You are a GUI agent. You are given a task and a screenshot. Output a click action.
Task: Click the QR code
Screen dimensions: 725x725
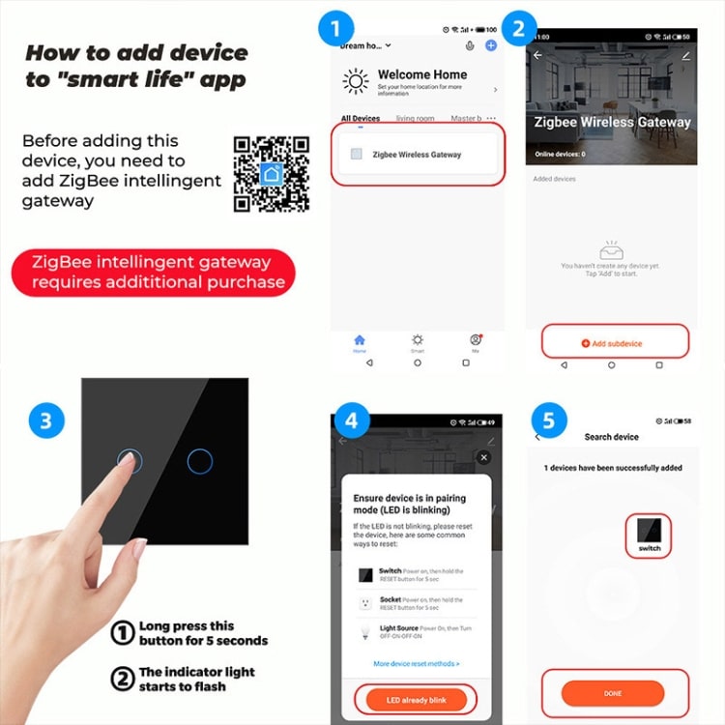[272, 173]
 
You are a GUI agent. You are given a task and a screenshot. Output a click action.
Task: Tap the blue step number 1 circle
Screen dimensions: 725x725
[335, 29]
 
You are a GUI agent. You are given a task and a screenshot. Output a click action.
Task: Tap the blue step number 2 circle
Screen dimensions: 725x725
[518, 29]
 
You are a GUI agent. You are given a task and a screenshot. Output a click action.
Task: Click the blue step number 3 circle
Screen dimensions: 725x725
[46, 420]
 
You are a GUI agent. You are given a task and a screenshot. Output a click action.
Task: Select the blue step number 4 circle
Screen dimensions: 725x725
[351, 421]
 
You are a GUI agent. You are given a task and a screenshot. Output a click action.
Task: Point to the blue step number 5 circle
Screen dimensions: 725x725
[548, 421]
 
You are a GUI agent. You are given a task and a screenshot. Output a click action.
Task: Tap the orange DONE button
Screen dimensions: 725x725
[613, 693]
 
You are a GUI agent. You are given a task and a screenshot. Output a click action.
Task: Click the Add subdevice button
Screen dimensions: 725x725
[613, 343]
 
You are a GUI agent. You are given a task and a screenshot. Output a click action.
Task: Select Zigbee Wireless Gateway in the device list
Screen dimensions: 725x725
[416, 154]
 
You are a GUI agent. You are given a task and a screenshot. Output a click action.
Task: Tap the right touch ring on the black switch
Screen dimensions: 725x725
[199, 461]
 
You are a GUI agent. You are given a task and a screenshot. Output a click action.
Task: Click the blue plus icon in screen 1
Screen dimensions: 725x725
[491, 45]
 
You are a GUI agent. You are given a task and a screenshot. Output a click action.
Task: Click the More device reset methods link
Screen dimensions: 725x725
[416, 663]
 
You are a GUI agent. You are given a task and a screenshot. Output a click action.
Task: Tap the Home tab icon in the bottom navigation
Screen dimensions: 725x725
[360, 340]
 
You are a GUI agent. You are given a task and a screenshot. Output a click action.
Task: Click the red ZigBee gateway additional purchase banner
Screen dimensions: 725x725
[153, 272]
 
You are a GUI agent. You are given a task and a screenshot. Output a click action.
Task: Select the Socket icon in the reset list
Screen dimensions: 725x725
[366, 603]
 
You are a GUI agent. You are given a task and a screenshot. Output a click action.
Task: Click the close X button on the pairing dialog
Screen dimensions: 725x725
[484, 457]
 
